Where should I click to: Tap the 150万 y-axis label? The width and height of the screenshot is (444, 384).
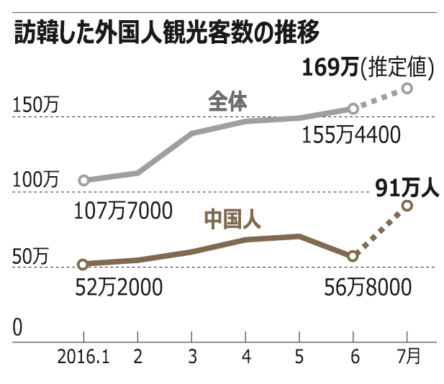point(36,105)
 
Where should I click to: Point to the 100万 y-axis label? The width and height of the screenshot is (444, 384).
point(36,180)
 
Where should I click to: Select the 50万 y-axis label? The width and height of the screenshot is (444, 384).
point(31,255)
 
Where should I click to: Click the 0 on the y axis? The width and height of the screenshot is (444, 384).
point(17,326)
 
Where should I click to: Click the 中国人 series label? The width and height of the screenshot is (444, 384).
point(232,219)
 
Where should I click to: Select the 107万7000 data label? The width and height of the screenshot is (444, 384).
point(124,210)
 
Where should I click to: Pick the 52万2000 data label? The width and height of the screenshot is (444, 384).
point(119,287)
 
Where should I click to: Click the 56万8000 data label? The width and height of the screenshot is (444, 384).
point(368,287)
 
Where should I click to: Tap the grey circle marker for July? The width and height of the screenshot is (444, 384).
point(407,88)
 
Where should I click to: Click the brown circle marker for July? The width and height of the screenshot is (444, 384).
point(407,206)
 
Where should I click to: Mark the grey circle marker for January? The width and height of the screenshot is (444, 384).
point(83,180)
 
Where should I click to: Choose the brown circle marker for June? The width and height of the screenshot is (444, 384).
point(353,256)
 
